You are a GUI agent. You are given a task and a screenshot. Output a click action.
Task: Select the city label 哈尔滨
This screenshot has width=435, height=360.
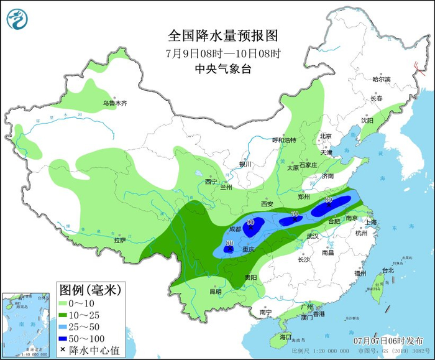click(381, 80)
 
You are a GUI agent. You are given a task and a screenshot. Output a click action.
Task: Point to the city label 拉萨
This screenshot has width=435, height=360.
click(120, 239)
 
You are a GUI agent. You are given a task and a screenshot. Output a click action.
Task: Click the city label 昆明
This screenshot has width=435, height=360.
click(216, 291)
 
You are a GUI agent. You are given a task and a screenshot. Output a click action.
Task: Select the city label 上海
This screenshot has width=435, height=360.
click(372, 222)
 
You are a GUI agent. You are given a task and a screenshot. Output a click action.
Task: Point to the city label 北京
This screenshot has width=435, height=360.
click(326, 136)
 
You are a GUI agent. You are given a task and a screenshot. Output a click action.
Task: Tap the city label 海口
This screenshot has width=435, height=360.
click(285, 336)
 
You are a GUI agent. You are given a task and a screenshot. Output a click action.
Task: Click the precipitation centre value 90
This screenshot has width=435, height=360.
click(252, 222)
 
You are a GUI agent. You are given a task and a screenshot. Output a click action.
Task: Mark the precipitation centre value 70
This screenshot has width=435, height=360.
click(294, 215)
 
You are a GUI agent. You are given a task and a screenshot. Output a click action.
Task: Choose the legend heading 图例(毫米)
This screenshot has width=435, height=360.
click(89, 289)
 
